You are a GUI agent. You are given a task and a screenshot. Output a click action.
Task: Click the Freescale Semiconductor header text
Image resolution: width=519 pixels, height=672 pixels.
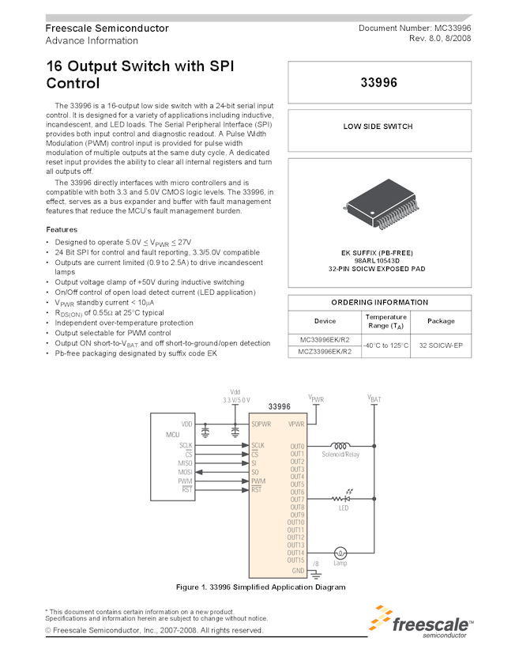[107, 28]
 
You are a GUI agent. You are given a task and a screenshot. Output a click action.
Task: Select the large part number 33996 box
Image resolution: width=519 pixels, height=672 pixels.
[379, 82]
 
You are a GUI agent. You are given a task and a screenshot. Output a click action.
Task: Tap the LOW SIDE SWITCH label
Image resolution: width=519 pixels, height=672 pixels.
[379, 126]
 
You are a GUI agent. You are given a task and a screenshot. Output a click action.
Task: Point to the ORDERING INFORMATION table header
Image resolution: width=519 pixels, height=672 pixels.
[379, 302]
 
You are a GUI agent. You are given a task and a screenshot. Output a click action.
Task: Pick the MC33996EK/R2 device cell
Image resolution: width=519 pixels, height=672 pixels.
[325, 340]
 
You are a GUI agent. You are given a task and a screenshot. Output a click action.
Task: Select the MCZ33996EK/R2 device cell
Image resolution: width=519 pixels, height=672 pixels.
[325, 352]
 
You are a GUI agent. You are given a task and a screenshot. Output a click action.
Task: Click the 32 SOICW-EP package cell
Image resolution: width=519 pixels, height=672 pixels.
[441, 345]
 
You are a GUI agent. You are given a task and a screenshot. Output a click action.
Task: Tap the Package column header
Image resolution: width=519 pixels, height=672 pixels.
[441, 321]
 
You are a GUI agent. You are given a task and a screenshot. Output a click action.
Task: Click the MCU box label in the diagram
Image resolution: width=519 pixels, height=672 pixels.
[173, 436]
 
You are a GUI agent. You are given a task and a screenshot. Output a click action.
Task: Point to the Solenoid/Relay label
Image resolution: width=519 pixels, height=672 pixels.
[341, 455]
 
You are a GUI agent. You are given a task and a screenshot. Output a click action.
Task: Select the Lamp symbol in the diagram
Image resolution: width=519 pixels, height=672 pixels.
[341, 553]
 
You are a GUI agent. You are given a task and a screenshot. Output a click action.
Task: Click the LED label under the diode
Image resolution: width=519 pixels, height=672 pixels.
[344, 508]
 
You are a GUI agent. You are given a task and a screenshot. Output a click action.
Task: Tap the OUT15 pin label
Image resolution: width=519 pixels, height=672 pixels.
[295, 561]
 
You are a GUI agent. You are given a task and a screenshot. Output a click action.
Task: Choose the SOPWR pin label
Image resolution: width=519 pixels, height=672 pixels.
[261, 425]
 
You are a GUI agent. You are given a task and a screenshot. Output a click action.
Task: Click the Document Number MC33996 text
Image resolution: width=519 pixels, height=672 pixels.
[415, 28]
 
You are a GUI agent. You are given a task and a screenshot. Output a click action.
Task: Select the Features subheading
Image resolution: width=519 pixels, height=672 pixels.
[62, 229]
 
